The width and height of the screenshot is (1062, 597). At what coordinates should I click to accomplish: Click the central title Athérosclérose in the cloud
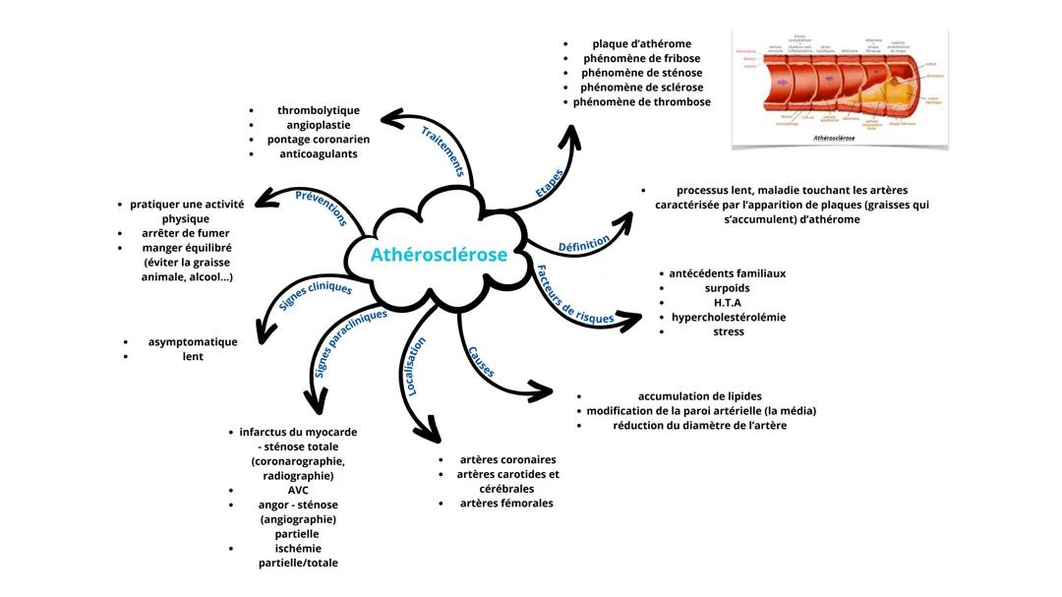(439, 255)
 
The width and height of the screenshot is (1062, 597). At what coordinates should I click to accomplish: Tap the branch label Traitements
(442, 150)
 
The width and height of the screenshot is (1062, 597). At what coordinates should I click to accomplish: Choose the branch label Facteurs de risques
(574, 294)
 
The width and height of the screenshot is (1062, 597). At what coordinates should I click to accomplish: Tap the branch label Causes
(481, 362)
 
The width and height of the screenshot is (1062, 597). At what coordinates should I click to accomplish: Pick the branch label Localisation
(417, 366)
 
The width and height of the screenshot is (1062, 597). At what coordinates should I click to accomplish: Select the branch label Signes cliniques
(315, 295)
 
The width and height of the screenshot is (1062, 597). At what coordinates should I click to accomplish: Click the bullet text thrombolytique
(319, 110)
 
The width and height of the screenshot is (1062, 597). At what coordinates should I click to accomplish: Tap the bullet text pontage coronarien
(319, 140)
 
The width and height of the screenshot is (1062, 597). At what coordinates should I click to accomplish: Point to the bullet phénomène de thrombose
(641, 102)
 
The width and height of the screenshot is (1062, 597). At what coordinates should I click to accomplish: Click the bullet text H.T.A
(728, 303)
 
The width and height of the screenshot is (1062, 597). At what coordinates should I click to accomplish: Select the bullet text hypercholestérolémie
(729, 318)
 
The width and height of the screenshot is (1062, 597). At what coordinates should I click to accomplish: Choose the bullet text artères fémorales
(506, 504)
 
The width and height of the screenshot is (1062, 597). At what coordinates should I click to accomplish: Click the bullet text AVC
(298, 490)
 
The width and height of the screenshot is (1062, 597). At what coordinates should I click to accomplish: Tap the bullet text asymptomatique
(193, 342)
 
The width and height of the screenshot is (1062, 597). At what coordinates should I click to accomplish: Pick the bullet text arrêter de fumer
(186, 233)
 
